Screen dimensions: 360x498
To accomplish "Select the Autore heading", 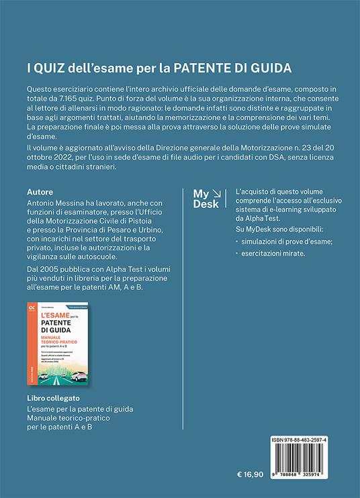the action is [x=42, y=191].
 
